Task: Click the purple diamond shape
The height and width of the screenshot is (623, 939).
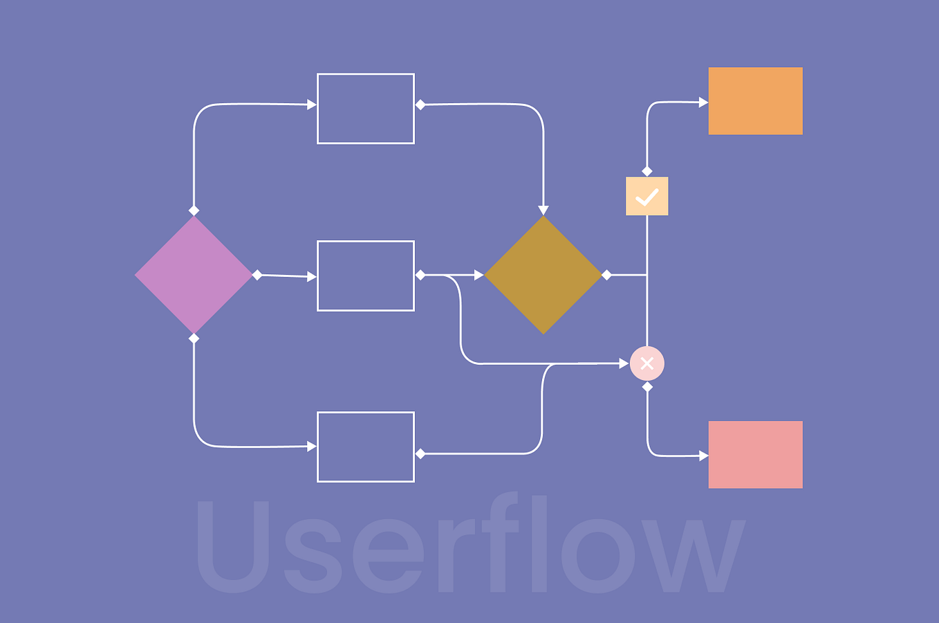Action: (x=193, y=275)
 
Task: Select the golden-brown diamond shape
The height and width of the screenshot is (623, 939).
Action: (x=543, y=275)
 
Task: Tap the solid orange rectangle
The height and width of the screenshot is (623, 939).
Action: (x=755, y=100)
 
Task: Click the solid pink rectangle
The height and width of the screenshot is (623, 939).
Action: (x=755, y=454)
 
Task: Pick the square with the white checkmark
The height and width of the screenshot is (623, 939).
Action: (x=647, y=196)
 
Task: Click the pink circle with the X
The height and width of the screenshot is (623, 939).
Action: (x=647, y=363)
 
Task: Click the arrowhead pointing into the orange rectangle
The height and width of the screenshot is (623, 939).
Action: (x=703, y=102)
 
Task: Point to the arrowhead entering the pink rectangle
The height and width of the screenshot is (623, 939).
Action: (x=703, y=455)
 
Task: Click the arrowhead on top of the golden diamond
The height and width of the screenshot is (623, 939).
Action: (x=543, y=210)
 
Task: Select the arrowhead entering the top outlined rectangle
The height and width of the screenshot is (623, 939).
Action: (x=311, y=105)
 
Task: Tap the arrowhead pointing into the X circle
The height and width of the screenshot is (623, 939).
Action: (x=624, y=363)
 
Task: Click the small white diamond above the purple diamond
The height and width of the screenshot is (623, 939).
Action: (x=194, y=210)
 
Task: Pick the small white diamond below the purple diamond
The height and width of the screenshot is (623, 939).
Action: (x=194, y=338)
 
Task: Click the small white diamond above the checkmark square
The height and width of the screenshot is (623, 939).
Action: (x=647, y=171)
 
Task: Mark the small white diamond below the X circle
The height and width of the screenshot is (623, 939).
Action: (x=647, y=387)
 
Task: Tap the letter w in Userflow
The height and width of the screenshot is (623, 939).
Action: (x=694, y=556)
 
